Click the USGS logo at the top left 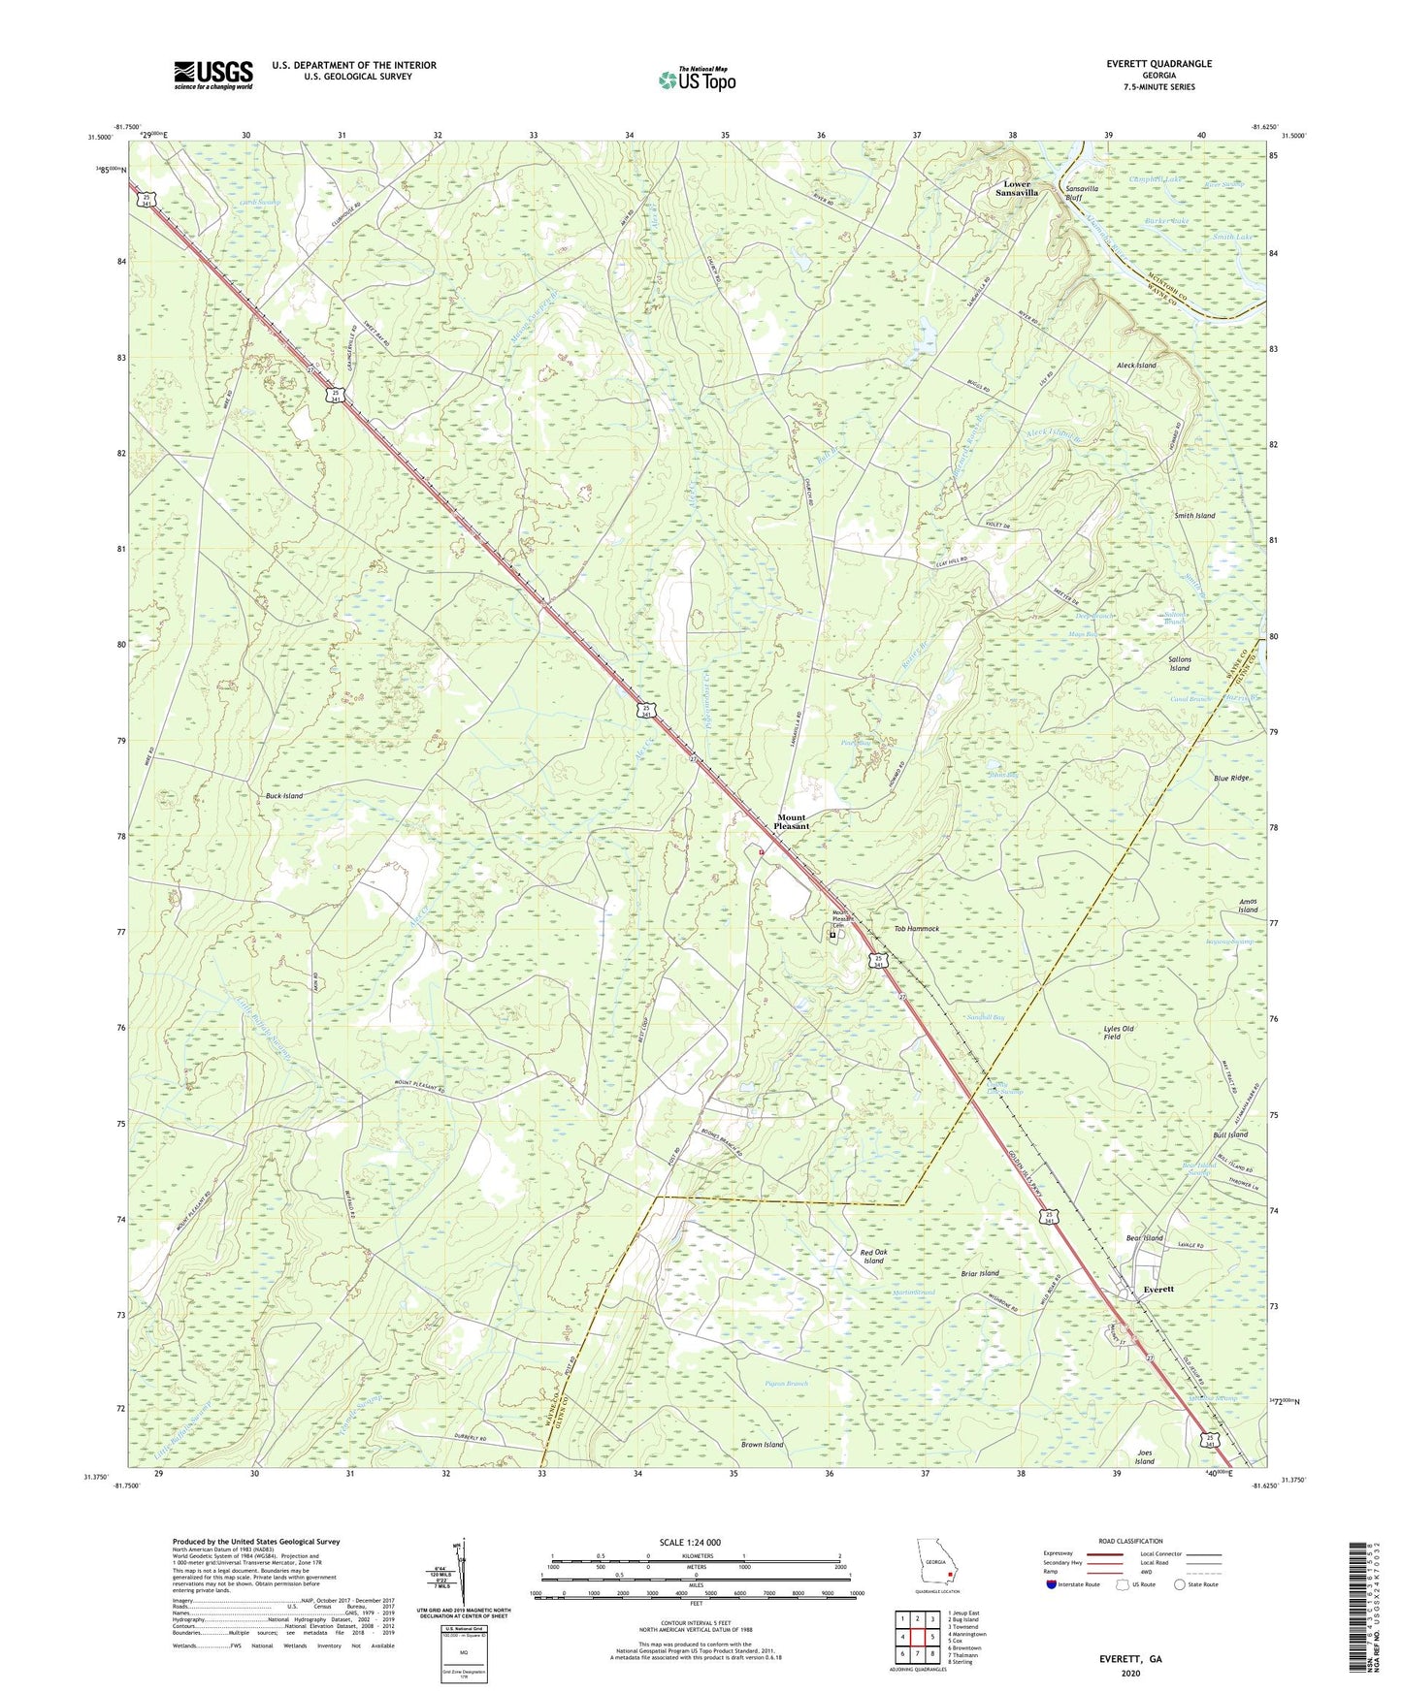click(x=213, y=74)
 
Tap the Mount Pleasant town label click(x=791, y=821)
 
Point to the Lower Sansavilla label click(x=1017, y=188)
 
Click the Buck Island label click(x=284, y=795)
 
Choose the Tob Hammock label click(x=916, y=929)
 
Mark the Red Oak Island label click(x=873, y=1256)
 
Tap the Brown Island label click(x=762, y=1445)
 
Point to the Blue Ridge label click(x=1231, y=778)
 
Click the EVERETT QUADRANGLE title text click(x=1158, y=64)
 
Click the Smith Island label click(x=1194, y=516)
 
